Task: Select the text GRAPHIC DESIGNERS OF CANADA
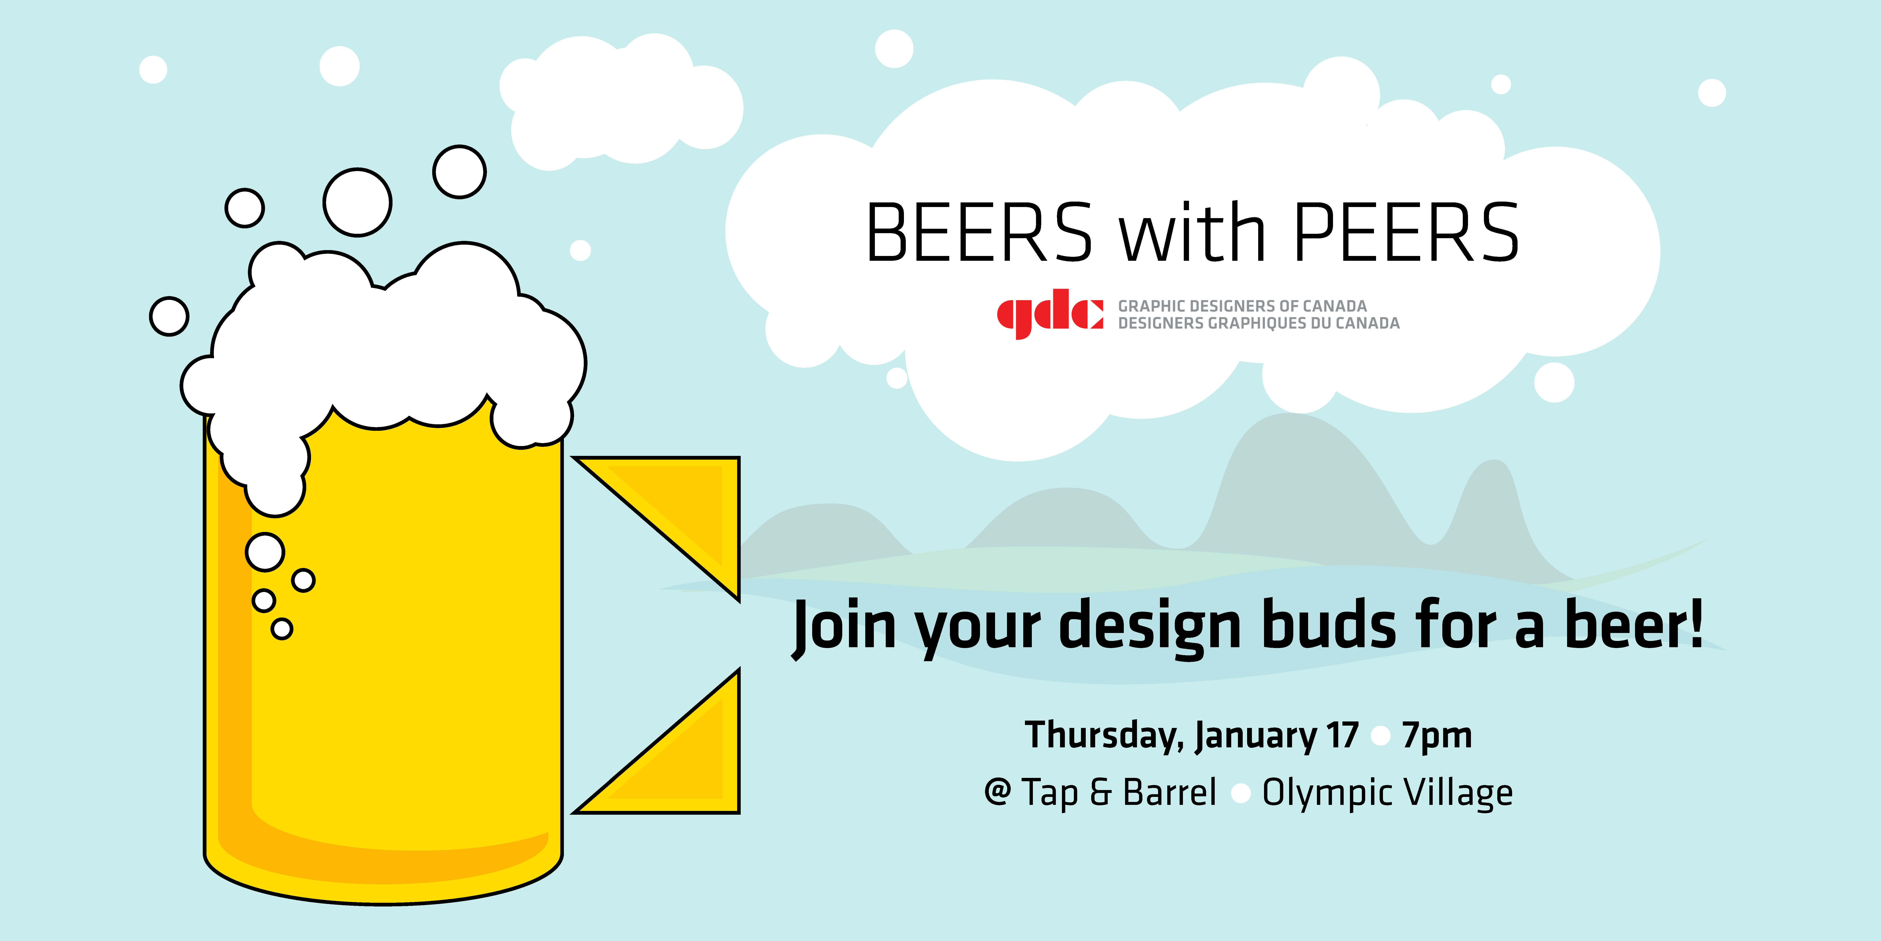(1242, 305)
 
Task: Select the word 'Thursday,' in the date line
(1104, 736)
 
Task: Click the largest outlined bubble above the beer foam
(358, 202)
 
